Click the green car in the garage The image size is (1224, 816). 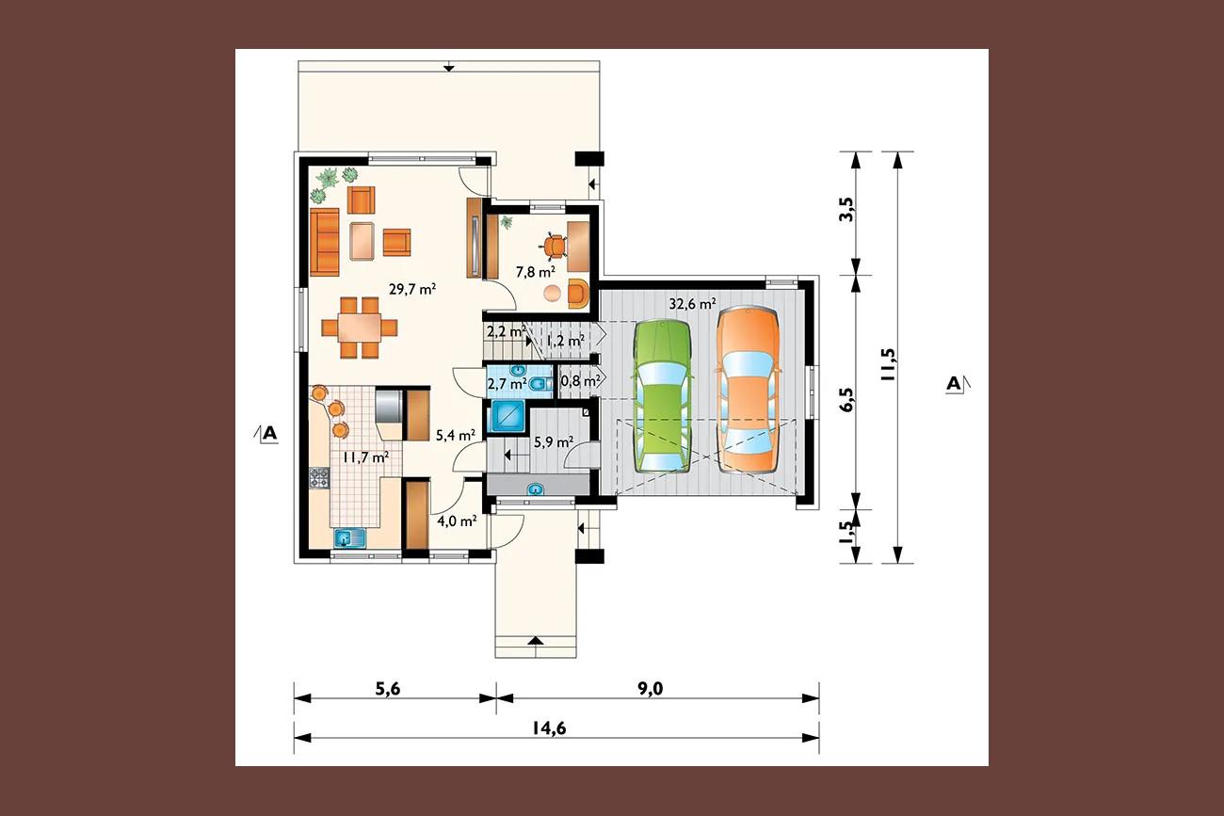tap(663, 397)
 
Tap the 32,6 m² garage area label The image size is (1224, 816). tap(692, 304)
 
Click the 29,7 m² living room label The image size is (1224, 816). tap(412, 289)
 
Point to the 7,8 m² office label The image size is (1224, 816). tap(536, 271)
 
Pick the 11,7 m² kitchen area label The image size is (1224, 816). tap(365, 457)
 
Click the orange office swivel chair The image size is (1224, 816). tap(555, 246)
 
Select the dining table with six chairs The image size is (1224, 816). tap(359, 328)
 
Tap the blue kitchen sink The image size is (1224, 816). tap(349, 538)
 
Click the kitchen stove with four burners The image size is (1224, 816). tap(319, 478)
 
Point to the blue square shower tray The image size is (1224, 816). tap(508, 416)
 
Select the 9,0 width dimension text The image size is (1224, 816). tap(651, 689)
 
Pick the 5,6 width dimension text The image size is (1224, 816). tap(387, 689)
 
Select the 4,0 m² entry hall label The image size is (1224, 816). tap(457, 520)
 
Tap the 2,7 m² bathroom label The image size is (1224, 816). tap(507, 383)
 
